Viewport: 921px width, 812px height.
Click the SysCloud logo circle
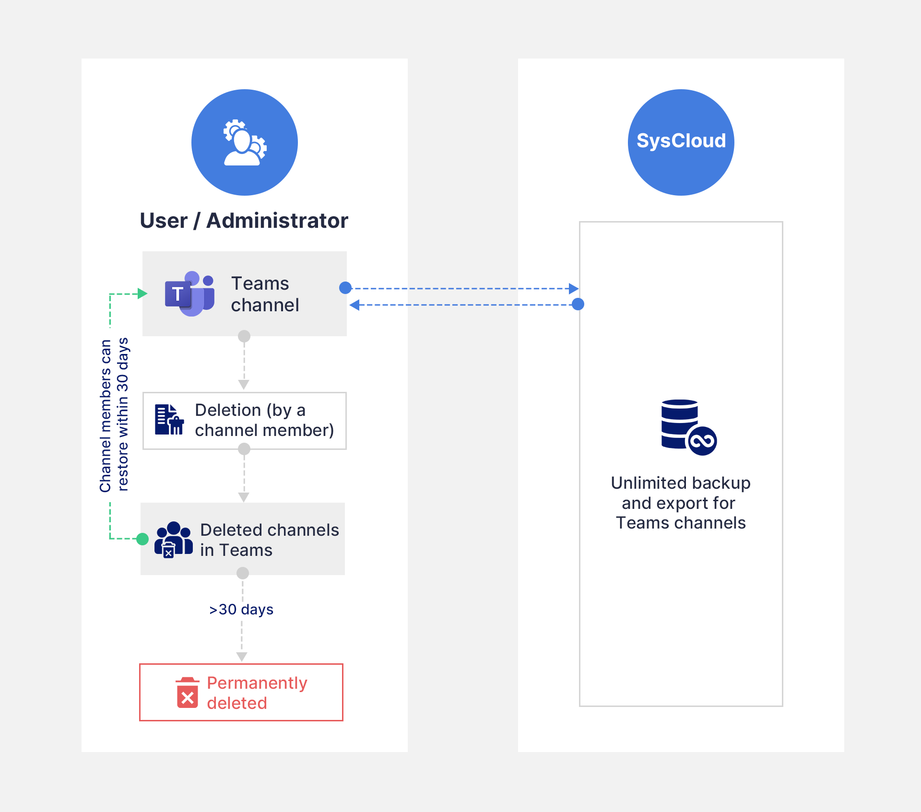pyautogui.click(x=681, y=142)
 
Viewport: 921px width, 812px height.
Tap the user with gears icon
pyautogui.click(x=245, y=143)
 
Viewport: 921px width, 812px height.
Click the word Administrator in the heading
pyautogui.click(x=277, y=221)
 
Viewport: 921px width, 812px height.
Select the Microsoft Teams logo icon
pyautogui.click(x=189, y=294)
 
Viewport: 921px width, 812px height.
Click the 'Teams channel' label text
pyautogui.click(x=264, y=294)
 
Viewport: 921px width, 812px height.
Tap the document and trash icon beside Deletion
pyautogui.click(x=169, y=420)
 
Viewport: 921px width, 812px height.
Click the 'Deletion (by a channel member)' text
pyautogui.click(x=264, y=420)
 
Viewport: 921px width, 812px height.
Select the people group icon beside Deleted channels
pyautogui.click(x=173, y=540)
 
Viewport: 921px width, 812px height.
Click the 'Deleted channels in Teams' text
pyautogui.click(x=269, y=540)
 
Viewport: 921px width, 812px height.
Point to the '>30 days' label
pyautogui.click(x=241, y=609)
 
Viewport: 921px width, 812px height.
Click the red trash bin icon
pyautogui.click(x=188, y=693)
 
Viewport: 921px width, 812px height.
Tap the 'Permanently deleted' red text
pyautogui.click(x=257, y=693)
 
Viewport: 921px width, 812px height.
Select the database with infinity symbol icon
pyautogui.click(x=688, y=427)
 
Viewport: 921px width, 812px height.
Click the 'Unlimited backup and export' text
pyautogui.click(x=681, y=503)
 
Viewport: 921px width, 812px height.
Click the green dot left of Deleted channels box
pyautogui.click(x=142, y=539)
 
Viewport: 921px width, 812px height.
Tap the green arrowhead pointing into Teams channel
pyautogui.click(x=142, y=294)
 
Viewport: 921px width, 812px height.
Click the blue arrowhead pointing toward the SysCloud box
pyautogui.click(x=573, y=288)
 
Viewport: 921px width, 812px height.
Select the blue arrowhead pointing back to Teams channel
pyautogui.click(x=354, y=305)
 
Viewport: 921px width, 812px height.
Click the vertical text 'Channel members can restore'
pyautogui.click(x=114, y=415)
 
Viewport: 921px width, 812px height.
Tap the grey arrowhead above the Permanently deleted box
pyautogui.click(x=242, y=657)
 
